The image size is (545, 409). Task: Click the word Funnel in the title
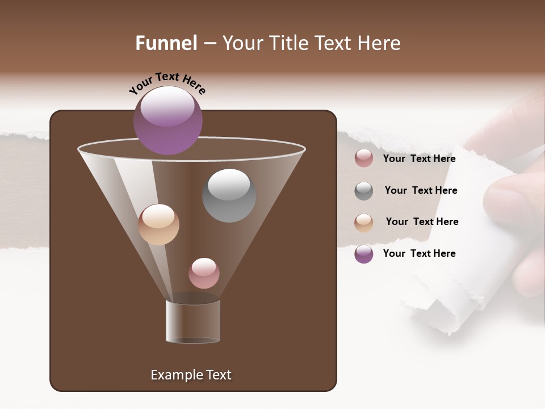tap(166, 43)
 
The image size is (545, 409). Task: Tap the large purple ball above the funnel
tap(168, 120)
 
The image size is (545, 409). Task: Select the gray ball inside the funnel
tap(229, 195)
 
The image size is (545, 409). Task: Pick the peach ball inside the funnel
tap(158, 224)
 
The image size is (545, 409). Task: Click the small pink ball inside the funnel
tap(204, 273)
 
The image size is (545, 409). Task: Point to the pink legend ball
tap(364, 158)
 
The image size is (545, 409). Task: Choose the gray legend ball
tap(364, 191)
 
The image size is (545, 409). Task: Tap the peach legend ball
tap(364, 222)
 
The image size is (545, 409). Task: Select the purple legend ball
tap(364, 254)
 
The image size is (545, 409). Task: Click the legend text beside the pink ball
tap(419, 158)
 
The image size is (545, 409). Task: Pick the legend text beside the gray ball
tap(421, 190)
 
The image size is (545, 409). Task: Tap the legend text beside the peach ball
tap(422, 222)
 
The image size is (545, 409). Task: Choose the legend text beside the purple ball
tap(419, 253)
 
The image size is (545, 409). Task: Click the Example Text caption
tap(191, 375)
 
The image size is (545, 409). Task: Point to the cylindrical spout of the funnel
tap(193, 321)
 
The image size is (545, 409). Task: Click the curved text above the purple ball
tap(167, 83)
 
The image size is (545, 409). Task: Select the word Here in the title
tap(380, 43)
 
